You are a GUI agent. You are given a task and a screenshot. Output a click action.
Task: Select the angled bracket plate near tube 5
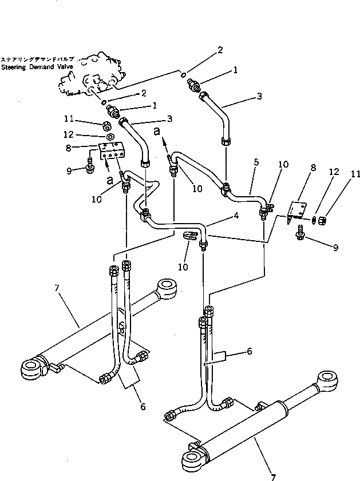297,212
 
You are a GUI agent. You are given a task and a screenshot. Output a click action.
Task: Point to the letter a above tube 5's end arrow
157,132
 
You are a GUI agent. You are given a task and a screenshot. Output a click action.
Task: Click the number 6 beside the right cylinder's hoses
249,352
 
